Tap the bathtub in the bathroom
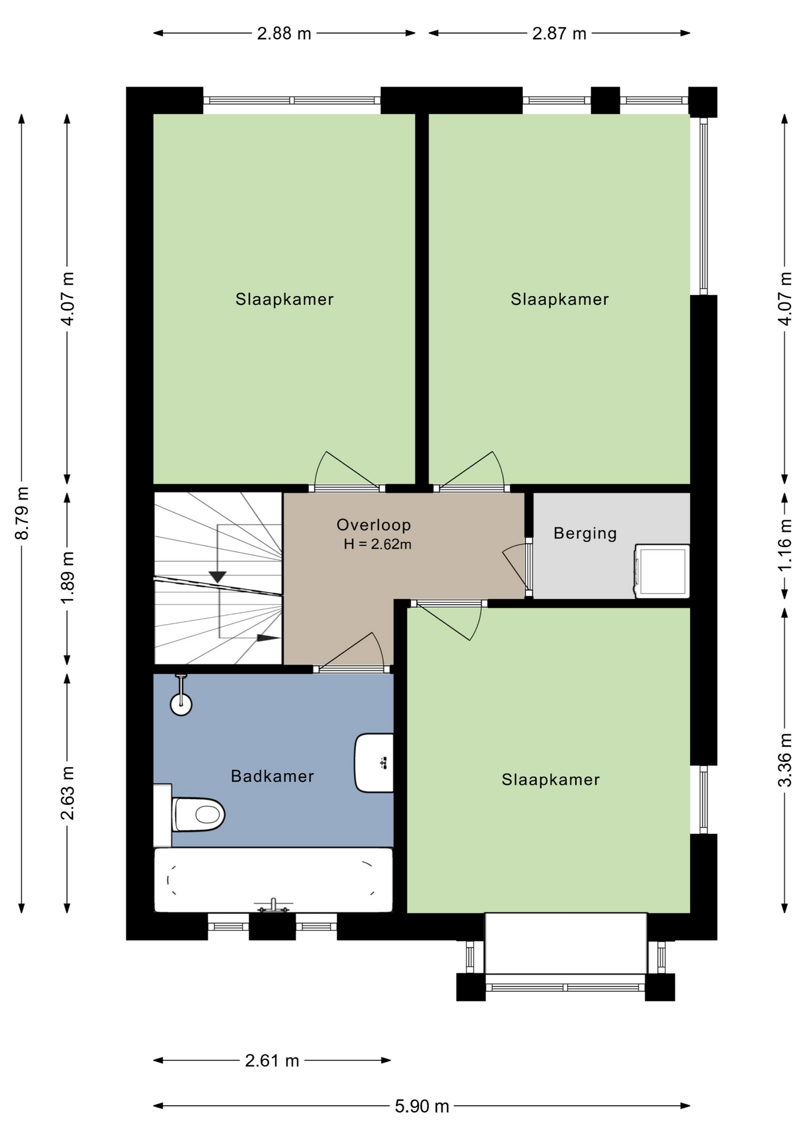coord(273,880)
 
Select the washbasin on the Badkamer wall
coord(375,763)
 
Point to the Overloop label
coord(374,524)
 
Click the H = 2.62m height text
coord(377,544)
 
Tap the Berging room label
coord(585,533)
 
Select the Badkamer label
coord(272,776)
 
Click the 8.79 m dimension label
coord(22,513)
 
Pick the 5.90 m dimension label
coord(422,1106)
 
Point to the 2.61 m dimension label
coord(272,1060)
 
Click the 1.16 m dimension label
coord(785,545)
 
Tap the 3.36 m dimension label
coord(785,760)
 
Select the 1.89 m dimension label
coord(67,578)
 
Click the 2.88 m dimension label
coord(284,33)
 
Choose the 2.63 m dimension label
coord(67,793)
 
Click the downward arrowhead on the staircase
coord(218,577)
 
